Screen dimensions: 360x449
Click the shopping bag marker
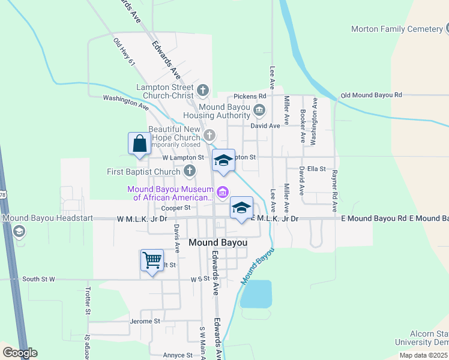(139, 144)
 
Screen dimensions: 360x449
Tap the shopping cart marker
(152, 260)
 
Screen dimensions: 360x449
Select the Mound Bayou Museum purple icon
(223, 192)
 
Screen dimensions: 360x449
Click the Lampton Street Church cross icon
(203, 91)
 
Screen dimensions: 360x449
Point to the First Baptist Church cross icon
(190, 172)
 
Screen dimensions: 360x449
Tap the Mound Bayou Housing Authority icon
(259, 109)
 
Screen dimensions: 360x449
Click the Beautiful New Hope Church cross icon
(209, 134)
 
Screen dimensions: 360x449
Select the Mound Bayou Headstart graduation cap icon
(19, 231)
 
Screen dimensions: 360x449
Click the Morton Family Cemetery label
(397, 29)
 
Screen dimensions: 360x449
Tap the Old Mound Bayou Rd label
(371, 95)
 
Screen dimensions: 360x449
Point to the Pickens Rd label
(250, 96)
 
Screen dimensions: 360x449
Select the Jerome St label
(145, 322)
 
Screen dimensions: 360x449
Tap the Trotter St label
(88, 302)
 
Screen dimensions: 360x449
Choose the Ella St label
(315, 169)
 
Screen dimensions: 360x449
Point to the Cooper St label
(175, 208)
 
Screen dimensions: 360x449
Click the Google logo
(19, 353)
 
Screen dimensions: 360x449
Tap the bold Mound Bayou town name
(218, 242)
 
